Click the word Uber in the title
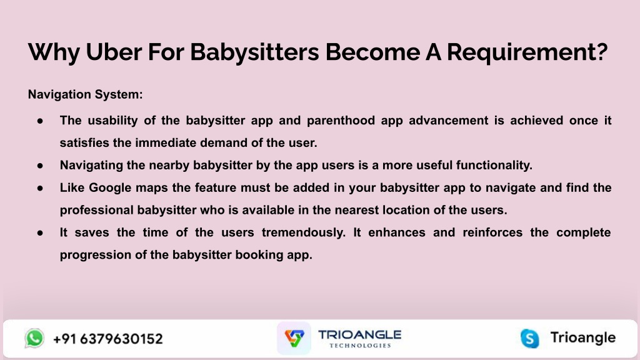114,52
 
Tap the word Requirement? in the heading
527,52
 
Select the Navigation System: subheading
85,94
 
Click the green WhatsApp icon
34,338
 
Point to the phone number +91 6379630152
108,339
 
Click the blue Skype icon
530,338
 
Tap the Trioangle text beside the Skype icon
583,337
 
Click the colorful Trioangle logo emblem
294,338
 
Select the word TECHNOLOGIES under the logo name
360,345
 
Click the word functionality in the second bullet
494,165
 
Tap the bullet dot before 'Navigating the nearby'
40,165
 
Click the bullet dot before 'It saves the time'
40,232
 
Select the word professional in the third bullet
96,210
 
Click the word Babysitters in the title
254,52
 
